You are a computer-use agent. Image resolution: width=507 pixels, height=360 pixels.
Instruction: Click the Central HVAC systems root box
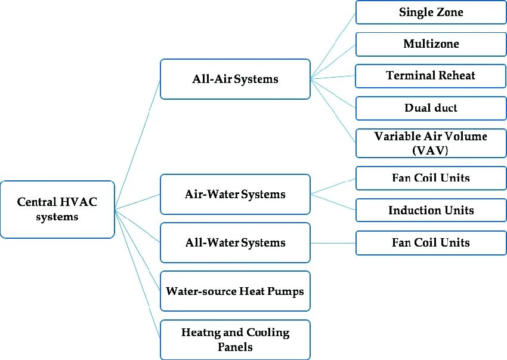(x=57, y=209)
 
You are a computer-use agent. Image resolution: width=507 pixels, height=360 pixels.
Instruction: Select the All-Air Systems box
(x=235, y=79)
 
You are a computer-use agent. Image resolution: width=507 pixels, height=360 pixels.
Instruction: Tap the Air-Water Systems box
(x=235, y=194)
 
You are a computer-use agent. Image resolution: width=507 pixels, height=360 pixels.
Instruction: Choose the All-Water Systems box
(x=235, y=242)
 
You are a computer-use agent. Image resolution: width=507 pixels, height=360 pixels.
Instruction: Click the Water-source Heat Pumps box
(x=235, y=291)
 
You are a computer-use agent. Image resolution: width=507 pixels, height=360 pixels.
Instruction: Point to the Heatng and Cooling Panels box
(x=235, y=339)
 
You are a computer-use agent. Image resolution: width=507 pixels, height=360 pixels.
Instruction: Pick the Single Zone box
(x=431, y=12)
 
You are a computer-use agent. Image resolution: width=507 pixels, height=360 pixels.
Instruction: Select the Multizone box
(x=431, y=44)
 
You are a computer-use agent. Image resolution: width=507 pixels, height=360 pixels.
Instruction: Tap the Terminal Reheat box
(x=431, y=76)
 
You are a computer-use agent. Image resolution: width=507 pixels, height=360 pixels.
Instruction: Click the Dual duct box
(x=431, y=108)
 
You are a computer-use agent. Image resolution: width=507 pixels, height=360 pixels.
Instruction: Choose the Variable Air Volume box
(x=431, y=143)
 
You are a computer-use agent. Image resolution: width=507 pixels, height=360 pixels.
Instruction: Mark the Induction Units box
(x=431, y=210)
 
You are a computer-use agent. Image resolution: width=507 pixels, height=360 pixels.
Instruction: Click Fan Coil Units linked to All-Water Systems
(x=431, y=242)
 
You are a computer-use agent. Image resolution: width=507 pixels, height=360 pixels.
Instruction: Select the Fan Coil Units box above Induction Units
(x=431, y=178)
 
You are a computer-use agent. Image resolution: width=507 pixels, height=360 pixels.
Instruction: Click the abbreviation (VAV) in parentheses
(x=430, y=150)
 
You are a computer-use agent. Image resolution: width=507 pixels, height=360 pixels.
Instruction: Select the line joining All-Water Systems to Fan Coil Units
(x=333, y=243)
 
